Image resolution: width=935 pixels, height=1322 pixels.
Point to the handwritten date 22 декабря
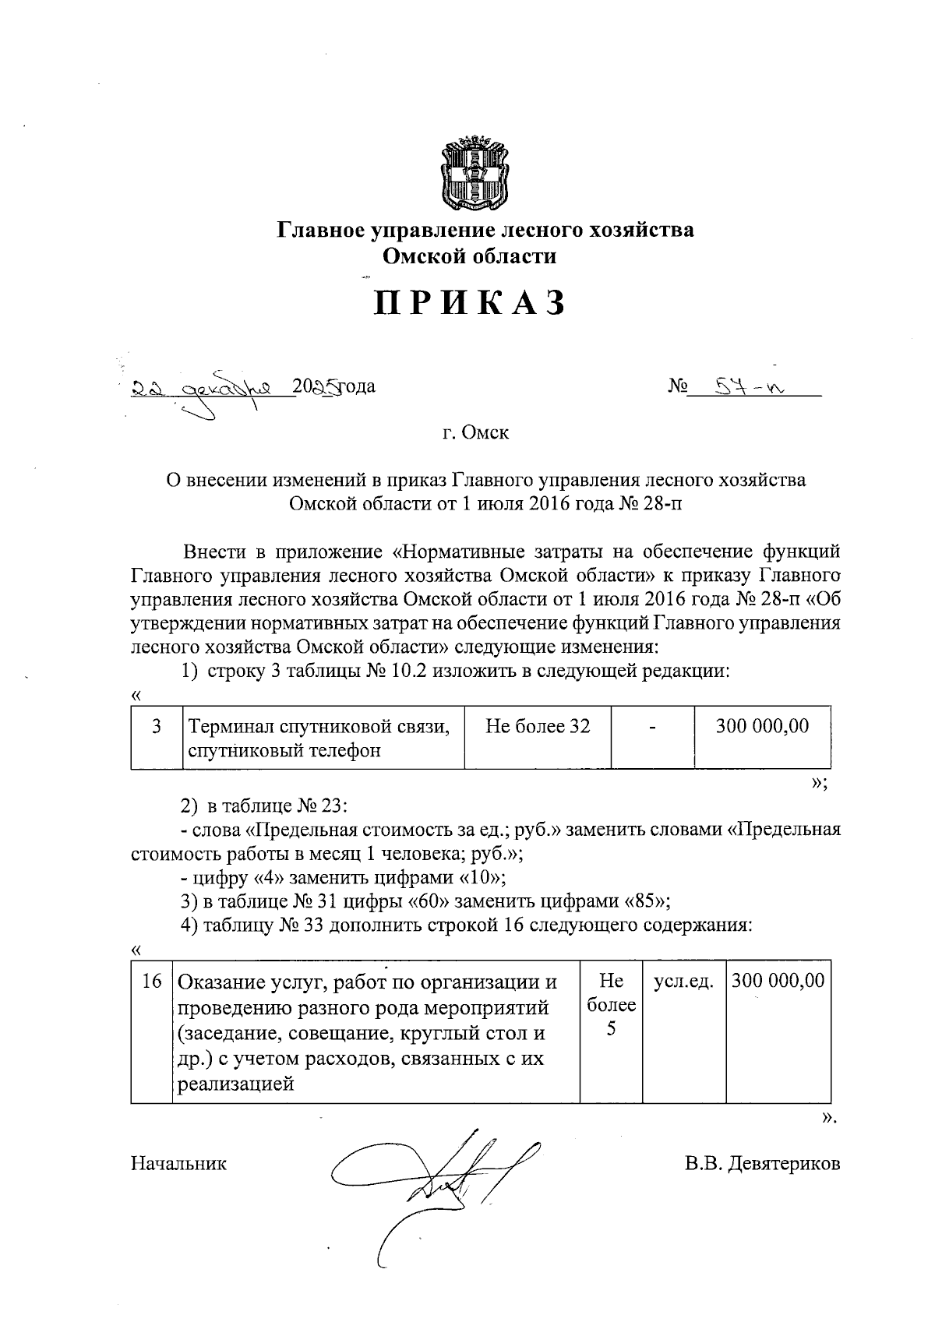211,387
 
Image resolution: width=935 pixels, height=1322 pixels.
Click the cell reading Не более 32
537,727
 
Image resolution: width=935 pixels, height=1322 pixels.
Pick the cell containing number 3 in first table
157,727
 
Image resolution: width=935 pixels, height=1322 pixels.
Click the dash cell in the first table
652,727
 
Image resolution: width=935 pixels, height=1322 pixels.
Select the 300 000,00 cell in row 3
762,727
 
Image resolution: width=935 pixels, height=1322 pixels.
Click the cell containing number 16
152,981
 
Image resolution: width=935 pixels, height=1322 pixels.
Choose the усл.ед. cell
683,982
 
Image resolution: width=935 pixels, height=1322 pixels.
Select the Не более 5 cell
611,1005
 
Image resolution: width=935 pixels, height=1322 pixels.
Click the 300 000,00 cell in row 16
778,981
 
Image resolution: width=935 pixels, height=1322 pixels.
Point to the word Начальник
179,1164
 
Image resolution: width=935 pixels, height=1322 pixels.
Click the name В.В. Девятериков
763,1164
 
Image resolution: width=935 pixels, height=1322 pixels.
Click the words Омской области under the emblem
468,256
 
